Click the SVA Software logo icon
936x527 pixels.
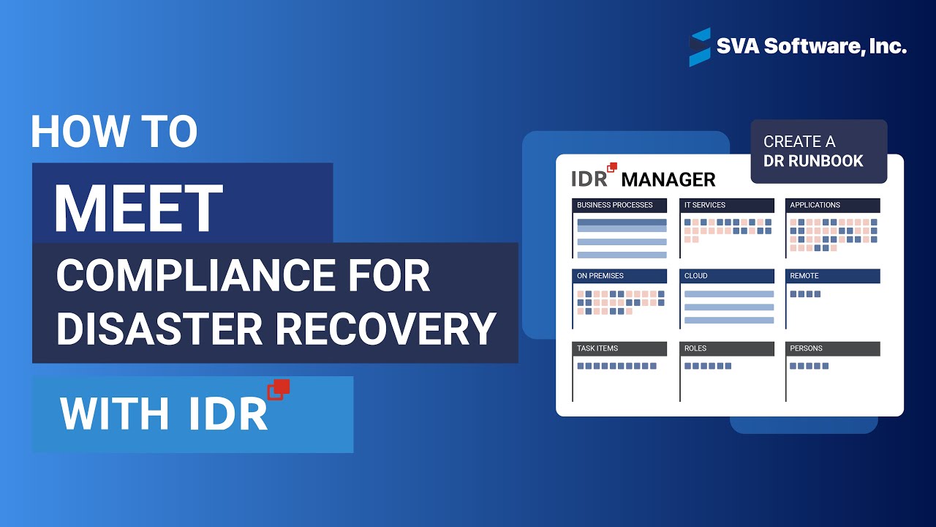700,47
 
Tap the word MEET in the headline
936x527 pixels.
138,208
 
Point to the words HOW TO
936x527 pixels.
114,132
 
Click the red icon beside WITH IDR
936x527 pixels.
279,389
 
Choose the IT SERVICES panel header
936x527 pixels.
727,205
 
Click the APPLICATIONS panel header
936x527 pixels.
833,205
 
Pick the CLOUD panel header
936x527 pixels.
727,276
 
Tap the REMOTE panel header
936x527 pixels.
833,276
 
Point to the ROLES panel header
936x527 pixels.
727,348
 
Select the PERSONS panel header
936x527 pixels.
833,348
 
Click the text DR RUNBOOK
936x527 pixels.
813,161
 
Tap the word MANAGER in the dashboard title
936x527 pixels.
668,179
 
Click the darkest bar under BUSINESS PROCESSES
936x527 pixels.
622,223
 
